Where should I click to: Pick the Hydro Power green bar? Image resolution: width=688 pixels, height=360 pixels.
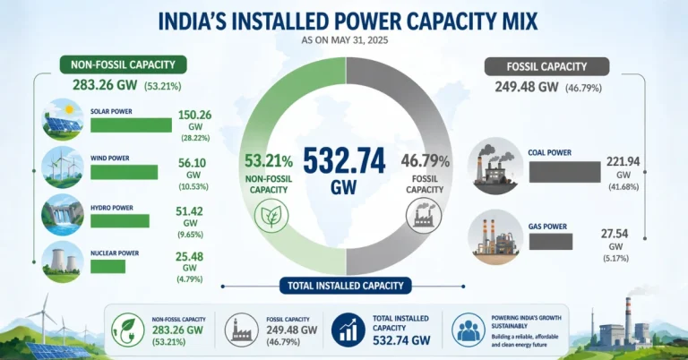tap(119, 220)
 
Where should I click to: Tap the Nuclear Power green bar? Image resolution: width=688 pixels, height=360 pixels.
tap(114, 265)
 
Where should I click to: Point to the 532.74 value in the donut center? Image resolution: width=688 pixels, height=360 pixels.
tap(343, 160)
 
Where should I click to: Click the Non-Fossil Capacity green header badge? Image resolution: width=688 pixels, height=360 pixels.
tap(123, 64)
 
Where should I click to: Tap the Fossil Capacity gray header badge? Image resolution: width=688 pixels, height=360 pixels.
tap(546, 65)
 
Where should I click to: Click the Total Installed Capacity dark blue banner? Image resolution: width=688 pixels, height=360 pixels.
tap(344, 286)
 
